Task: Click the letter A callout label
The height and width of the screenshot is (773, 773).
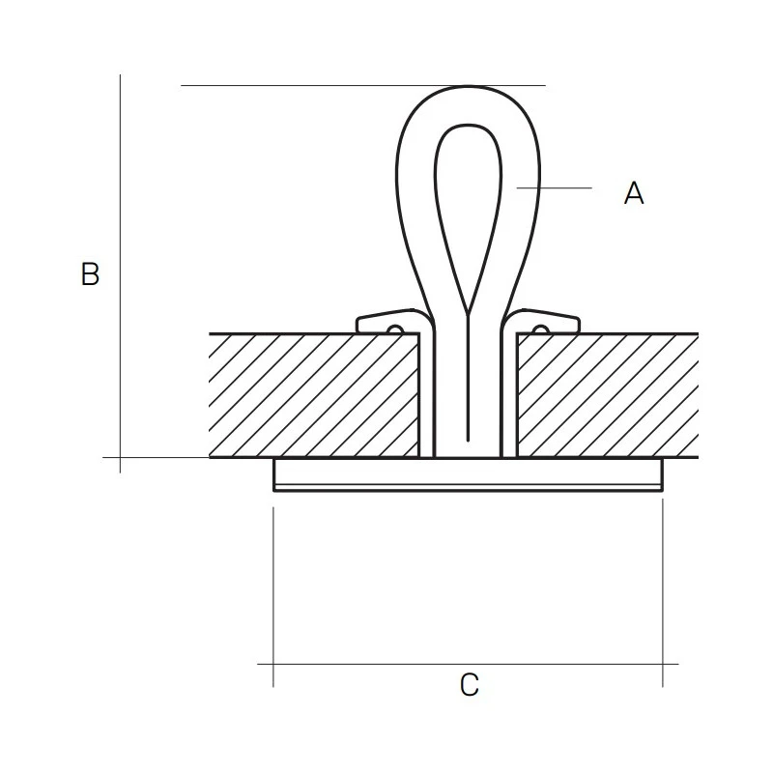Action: point(633,193)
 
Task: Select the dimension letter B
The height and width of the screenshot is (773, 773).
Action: point(90,274)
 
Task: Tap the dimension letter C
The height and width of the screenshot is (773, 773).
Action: point(469,685)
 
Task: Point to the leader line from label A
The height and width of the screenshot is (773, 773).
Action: point(556,186)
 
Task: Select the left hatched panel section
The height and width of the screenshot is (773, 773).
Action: point(314,395)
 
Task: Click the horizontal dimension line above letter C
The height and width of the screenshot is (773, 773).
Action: point(386,664)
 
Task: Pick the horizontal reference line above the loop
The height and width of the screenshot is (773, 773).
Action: point(290,85)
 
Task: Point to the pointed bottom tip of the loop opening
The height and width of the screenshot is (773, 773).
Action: point(469,312)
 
